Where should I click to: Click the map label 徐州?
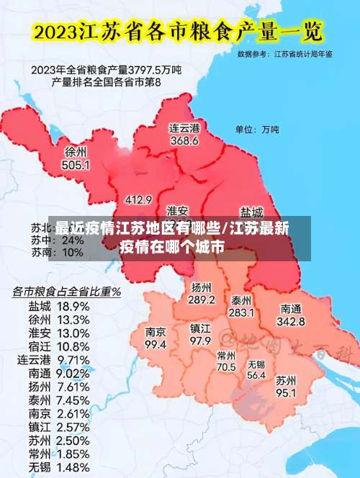[76, 152]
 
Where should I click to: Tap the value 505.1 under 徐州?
[76, 165]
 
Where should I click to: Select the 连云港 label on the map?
[184, 127]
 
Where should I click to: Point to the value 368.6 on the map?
[184, 140]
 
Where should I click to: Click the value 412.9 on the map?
[138, 199]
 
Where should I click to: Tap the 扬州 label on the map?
[202, 287]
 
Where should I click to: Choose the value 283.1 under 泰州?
[241, 312]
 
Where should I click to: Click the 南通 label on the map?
[292, 308]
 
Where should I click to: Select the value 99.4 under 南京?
[156, 345]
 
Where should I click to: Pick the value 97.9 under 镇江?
[200, 340]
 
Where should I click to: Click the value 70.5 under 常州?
[226, 366]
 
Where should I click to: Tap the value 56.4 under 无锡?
[256, 375]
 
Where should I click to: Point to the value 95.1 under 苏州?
[287, 392]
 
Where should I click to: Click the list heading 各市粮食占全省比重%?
[66, 292]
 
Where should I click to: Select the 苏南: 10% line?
[57, 253]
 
